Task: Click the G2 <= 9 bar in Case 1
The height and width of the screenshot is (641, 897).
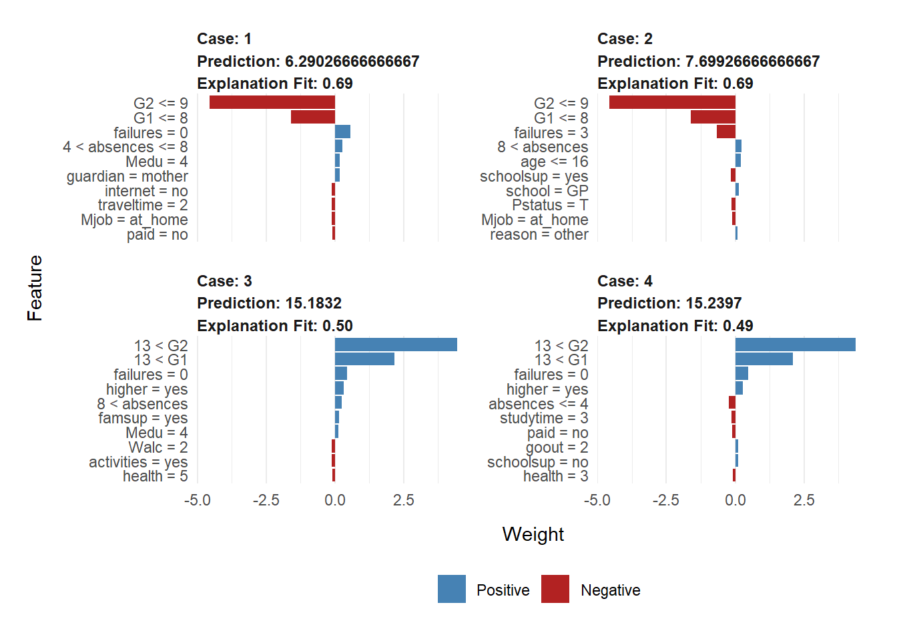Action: (272, 102)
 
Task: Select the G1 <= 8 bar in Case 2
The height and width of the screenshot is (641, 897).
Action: (713, 117)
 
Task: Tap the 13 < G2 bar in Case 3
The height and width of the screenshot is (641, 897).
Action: (396, 345)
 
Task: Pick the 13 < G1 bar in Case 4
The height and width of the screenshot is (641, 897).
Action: (764, 359)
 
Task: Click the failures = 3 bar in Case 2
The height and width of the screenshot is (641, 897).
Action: (726, 132)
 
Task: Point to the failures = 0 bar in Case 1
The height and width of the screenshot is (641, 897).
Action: (342, 132)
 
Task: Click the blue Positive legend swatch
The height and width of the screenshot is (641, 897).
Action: (452, 589)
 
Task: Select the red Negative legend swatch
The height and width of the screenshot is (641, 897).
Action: (555, 589)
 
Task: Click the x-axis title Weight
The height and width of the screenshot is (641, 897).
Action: (533, 534)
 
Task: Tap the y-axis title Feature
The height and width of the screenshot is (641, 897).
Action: (35, 288)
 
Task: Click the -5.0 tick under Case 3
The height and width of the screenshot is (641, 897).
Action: (197, 500)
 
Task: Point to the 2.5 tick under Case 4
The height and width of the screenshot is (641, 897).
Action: (804, 500)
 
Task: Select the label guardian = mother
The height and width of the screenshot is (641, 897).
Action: (127, 176)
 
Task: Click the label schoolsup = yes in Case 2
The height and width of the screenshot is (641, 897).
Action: (534, 176)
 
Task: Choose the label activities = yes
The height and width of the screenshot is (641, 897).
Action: (138, 462)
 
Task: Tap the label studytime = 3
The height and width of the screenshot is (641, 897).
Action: (544, 418)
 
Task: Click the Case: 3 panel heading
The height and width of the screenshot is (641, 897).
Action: (224, 281)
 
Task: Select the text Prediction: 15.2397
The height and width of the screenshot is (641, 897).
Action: (669, 303)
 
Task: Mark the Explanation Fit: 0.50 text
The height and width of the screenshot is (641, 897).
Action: (275, 326)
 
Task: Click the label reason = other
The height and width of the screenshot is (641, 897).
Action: (539, 234)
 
